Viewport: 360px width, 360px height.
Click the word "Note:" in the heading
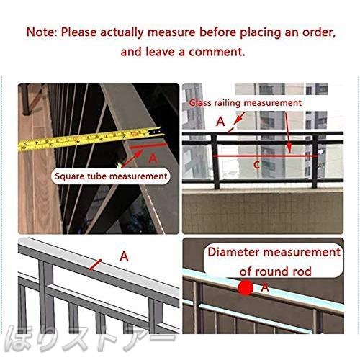(41, 32)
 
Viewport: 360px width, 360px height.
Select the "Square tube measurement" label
(111, 176)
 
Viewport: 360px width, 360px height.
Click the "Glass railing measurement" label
(245, 103)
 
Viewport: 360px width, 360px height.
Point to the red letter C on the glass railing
(256, 165)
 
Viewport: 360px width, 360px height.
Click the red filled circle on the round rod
(246, 287)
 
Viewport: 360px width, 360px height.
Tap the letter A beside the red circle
(265, 287)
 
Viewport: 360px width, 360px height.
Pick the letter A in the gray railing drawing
(124, 256)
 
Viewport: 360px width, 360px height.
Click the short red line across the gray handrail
(96, 264)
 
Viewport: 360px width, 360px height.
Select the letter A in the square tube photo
(153, 158)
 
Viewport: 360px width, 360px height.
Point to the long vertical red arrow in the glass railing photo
(287, 132)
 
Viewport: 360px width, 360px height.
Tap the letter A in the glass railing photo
(220, 122)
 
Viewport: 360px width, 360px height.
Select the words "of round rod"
(275, 271)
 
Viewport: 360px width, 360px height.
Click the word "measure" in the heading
(171, 32)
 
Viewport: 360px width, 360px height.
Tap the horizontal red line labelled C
(265, 156)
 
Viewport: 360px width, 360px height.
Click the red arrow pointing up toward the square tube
(132, 158)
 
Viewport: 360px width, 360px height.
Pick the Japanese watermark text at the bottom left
(89, 341)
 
